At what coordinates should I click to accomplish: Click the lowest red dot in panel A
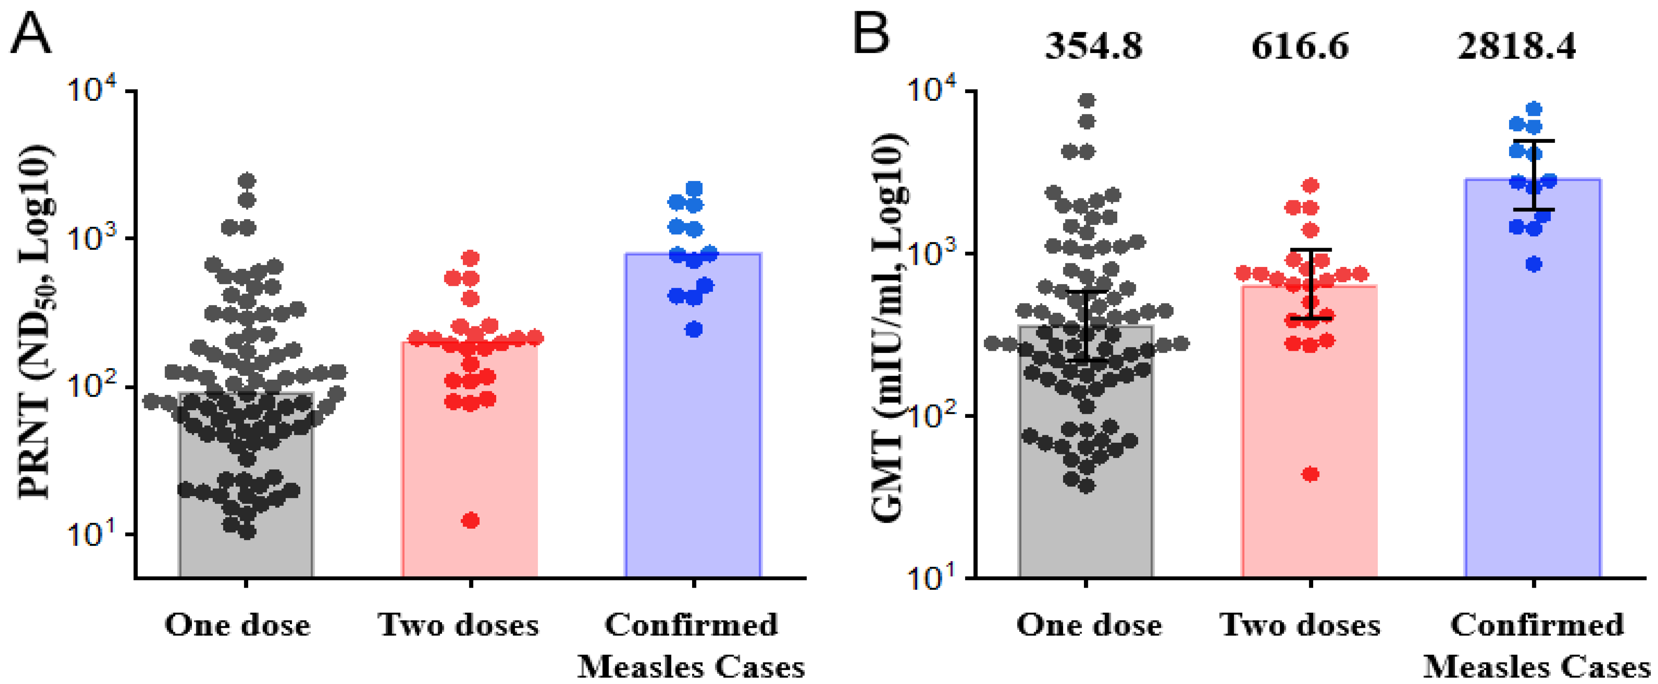[x=471, y=520]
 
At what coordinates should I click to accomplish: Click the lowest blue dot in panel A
[x=693, y=330]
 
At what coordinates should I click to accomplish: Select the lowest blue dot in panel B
[x=1534, y=264]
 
